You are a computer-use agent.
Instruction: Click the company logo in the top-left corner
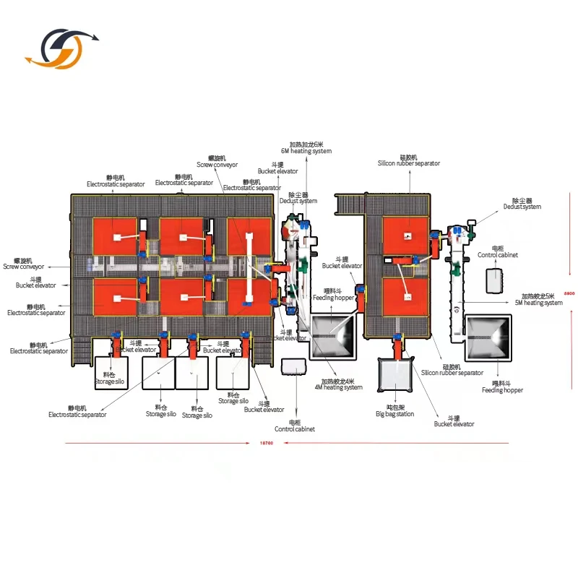point(61,49)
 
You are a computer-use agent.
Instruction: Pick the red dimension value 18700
point(267,444)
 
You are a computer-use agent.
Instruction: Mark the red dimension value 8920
point(569,294)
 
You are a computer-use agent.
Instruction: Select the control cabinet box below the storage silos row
point(295,369)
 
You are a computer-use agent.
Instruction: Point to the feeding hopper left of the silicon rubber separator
point(331,335)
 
